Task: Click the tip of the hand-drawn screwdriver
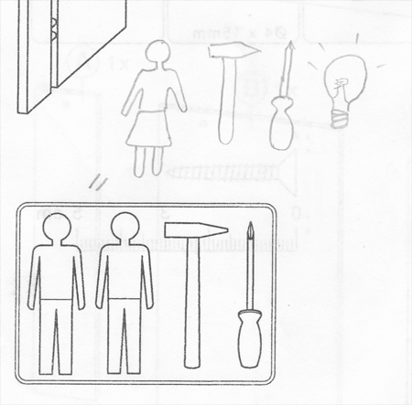coord(288,46)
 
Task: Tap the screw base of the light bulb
coord(341,116)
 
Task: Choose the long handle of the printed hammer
coord(191,302)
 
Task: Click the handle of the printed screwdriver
coord(248,338)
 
